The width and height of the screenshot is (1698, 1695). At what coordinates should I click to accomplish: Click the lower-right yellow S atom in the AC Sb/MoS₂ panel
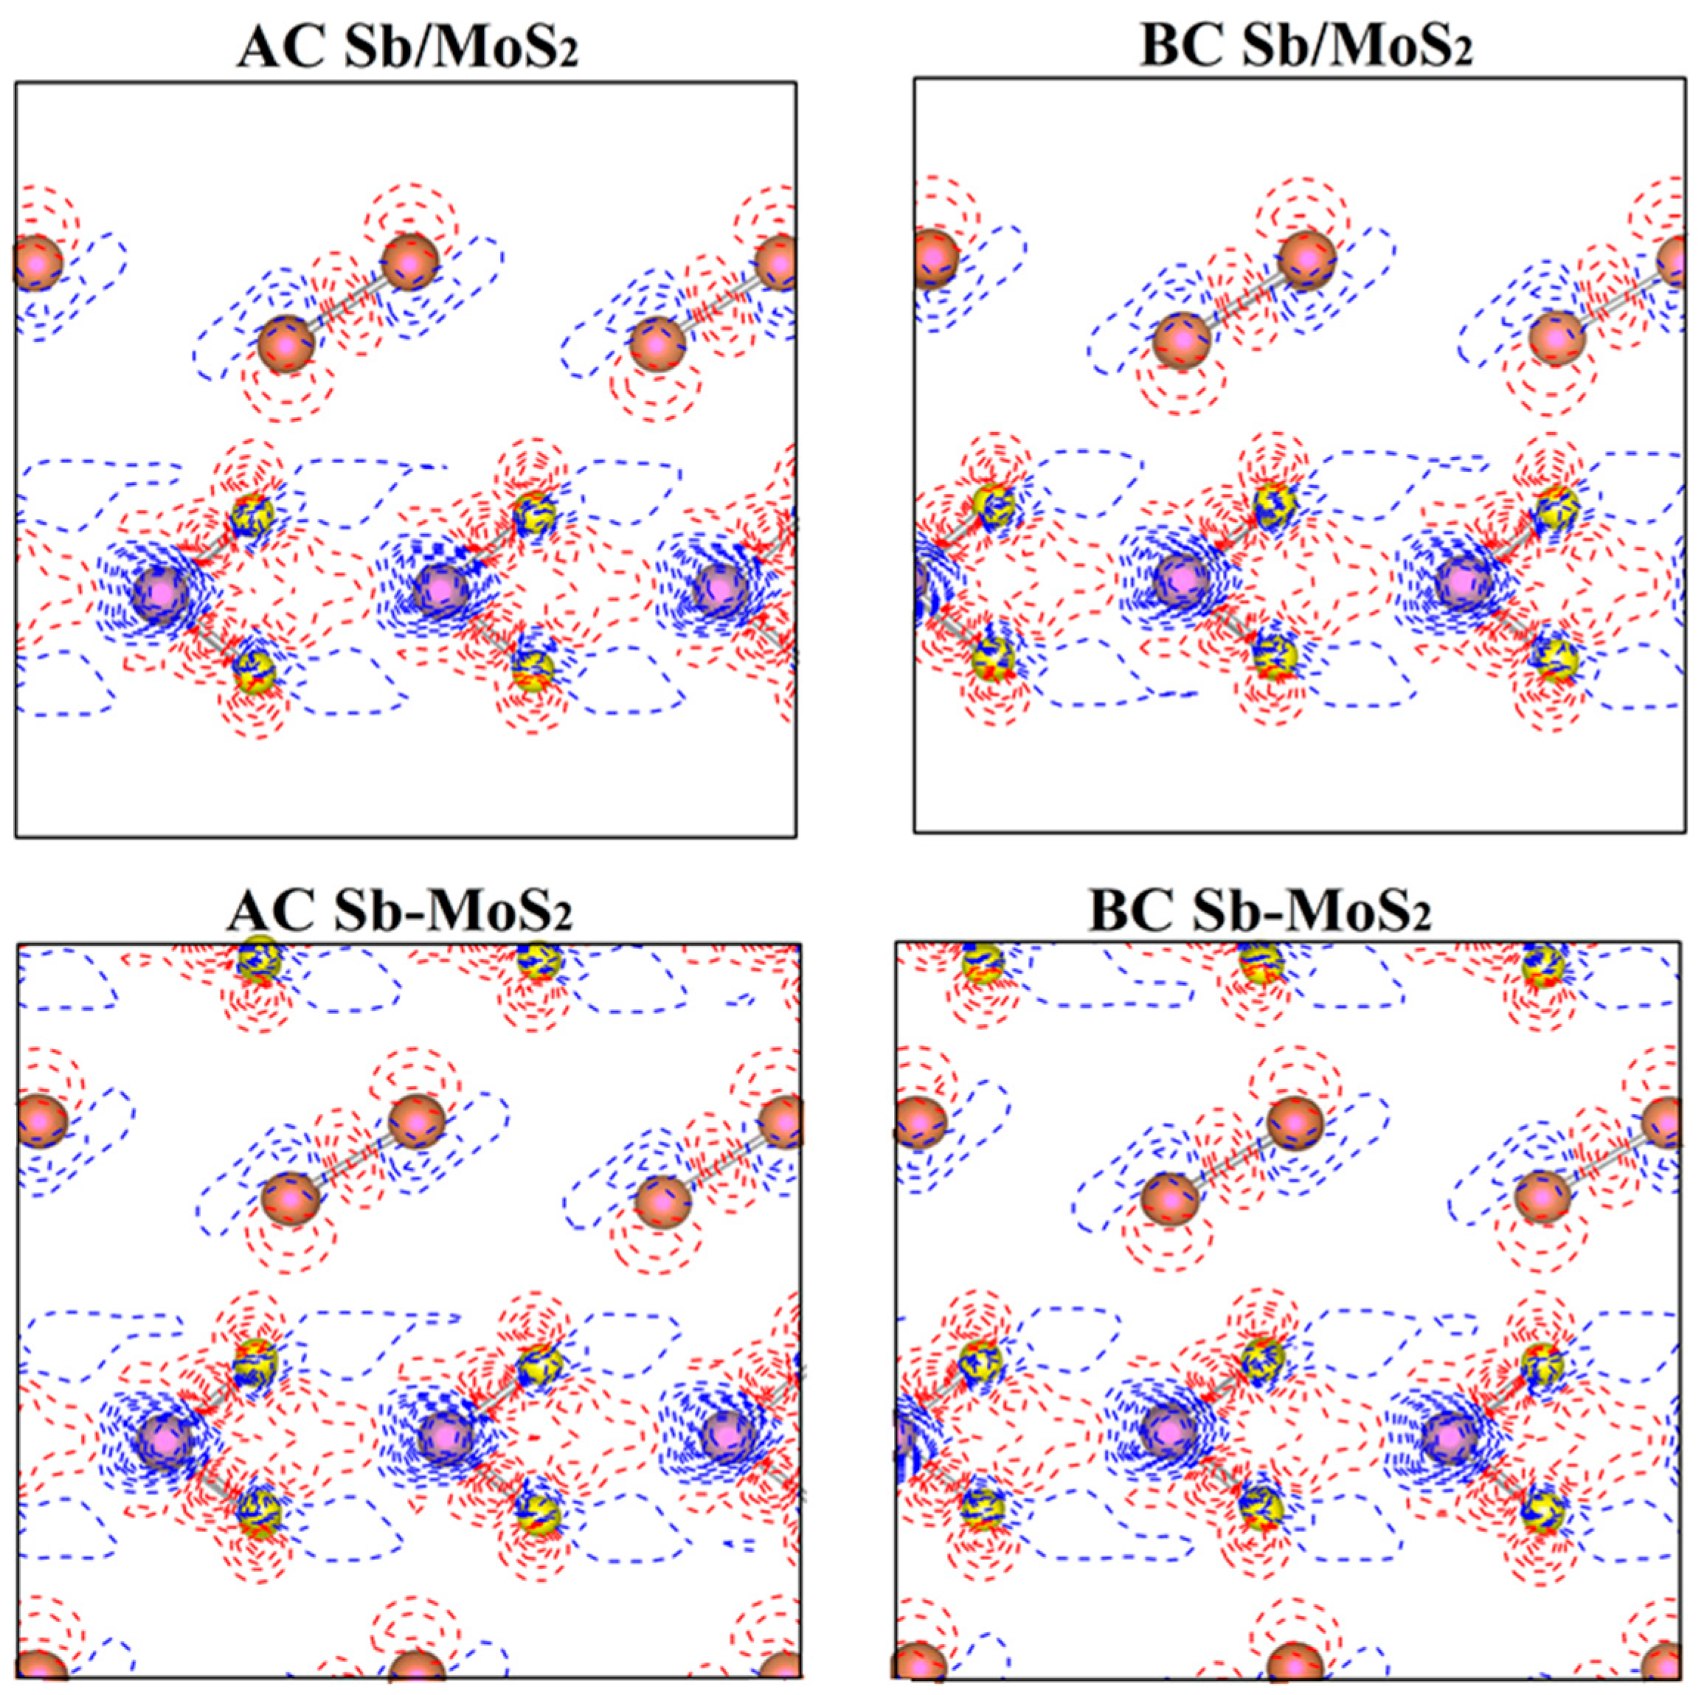(533, 670)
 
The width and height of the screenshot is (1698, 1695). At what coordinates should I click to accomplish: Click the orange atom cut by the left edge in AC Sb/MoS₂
(37, 261)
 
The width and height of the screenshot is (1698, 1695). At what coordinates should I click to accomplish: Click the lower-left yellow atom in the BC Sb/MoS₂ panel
(994, 657)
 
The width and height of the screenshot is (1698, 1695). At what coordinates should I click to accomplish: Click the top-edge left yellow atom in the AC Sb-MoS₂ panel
(258, 958)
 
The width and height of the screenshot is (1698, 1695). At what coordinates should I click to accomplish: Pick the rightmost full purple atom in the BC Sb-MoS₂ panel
(1450, 1438)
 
